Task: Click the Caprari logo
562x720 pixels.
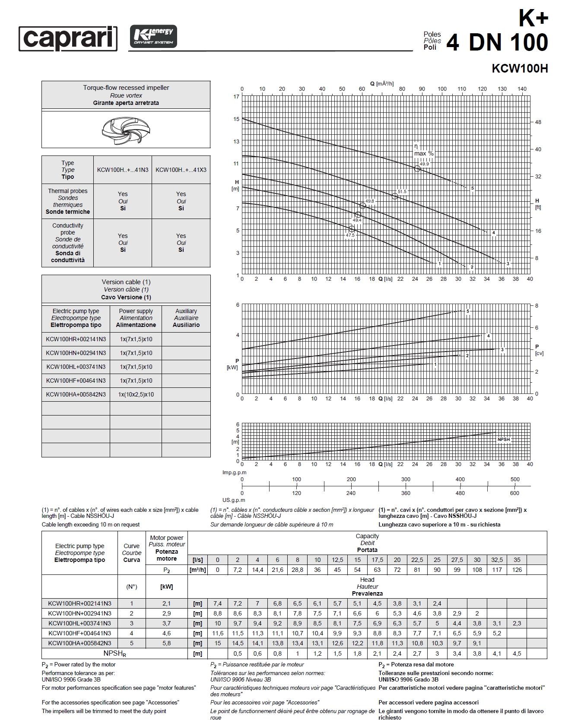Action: [x=68, y=38]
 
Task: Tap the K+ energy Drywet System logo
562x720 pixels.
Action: [x=153, y=36]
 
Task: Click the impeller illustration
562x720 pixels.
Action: [x=126, y=130]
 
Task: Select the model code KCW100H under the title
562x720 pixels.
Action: [x=520, y=69]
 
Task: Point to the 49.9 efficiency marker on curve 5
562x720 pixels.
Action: [x=417, y=168]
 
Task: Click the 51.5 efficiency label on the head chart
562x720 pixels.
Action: [x=402, y=191]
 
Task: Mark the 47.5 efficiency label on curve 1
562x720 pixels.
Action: [x=350, y=235]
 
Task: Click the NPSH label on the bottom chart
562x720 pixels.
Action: [x=504, y=439]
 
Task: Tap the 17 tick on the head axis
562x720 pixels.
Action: [x=236, y=97]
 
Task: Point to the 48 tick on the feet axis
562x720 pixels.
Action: [x=538, y=122]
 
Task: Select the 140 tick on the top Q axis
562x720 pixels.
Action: [x=522, y=89]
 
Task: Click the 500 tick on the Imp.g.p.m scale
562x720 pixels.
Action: [x=515, y=479]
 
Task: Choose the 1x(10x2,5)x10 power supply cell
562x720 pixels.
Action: [x=136, y=394]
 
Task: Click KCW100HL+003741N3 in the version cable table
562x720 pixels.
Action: [x=76, y=367]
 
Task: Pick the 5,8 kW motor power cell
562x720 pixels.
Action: [x=166, y=643]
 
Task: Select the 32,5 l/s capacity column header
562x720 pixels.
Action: [x=497, y=560]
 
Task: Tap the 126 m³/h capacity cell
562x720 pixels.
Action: [x=517, y=570]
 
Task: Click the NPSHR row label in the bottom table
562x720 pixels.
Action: [x=115, y=653]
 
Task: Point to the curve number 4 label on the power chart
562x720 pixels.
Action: [x=489, y=336]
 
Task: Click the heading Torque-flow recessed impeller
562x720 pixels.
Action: [x=126, y=88]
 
